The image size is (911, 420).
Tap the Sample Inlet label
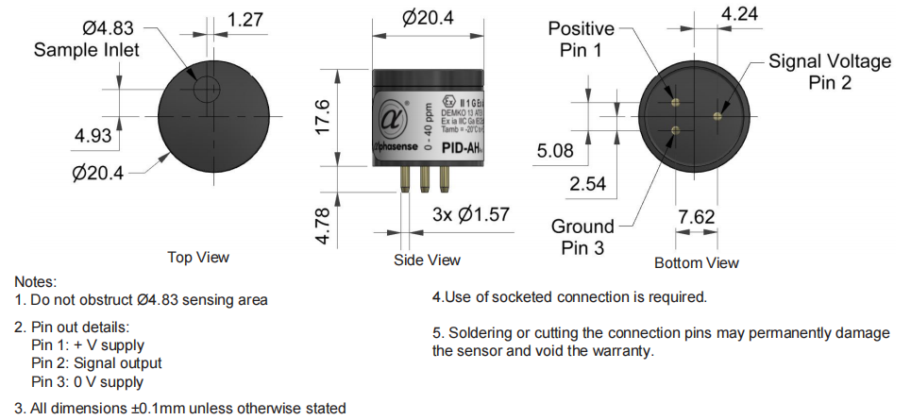pyautogui.click(x=87, y=50)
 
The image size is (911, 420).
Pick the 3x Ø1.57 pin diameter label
pyautogui.click(x=470, y=215)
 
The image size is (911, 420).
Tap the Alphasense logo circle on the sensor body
pyautogui.click(x=396, y=120)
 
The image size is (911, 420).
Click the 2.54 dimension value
pyautogui.click(x=587, y=183)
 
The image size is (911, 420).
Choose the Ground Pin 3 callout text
pyautogui.click(x=582, y=237)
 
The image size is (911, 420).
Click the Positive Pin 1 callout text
pyautogui.click(x=581, y=40)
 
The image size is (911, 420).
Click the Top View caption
pyautogui.click(x=198, y=257)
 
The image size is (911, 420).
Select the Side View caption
pyautogui.click(x=428, y=260)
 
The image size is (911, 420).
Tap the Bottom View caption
pyautogui.click(x=697, y=262)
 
